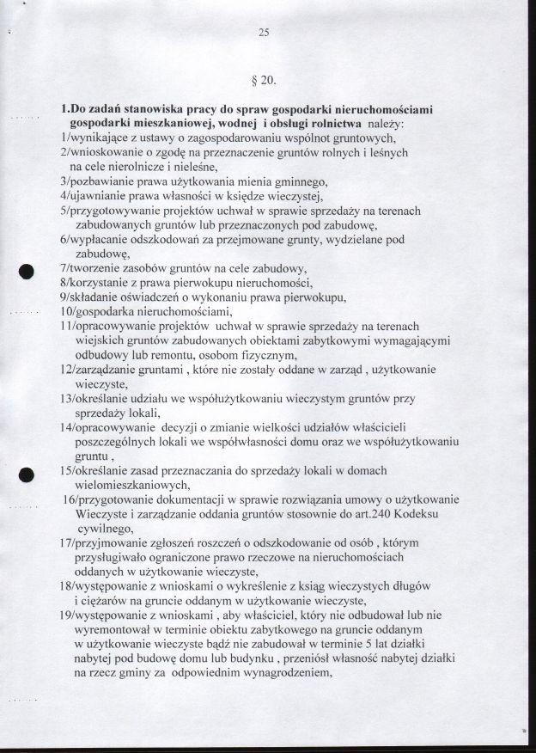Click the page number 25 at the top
pos(264,34)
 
